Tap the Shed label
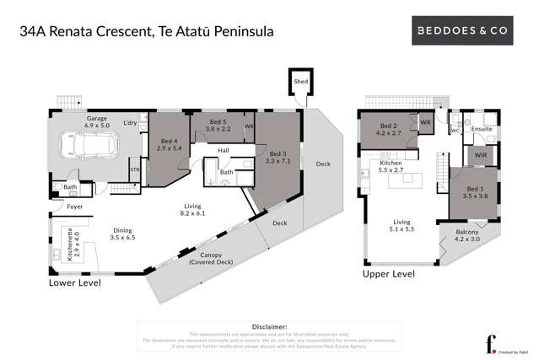click(300, 81)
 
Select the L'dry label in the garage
click(130, 124)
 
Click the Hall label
click(224, 151)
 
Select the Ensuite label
click(482, 129)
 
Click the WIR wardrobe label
click(481, 155)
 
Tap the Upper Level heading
click(388, 274)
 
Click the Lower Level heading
click(74, 283)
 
